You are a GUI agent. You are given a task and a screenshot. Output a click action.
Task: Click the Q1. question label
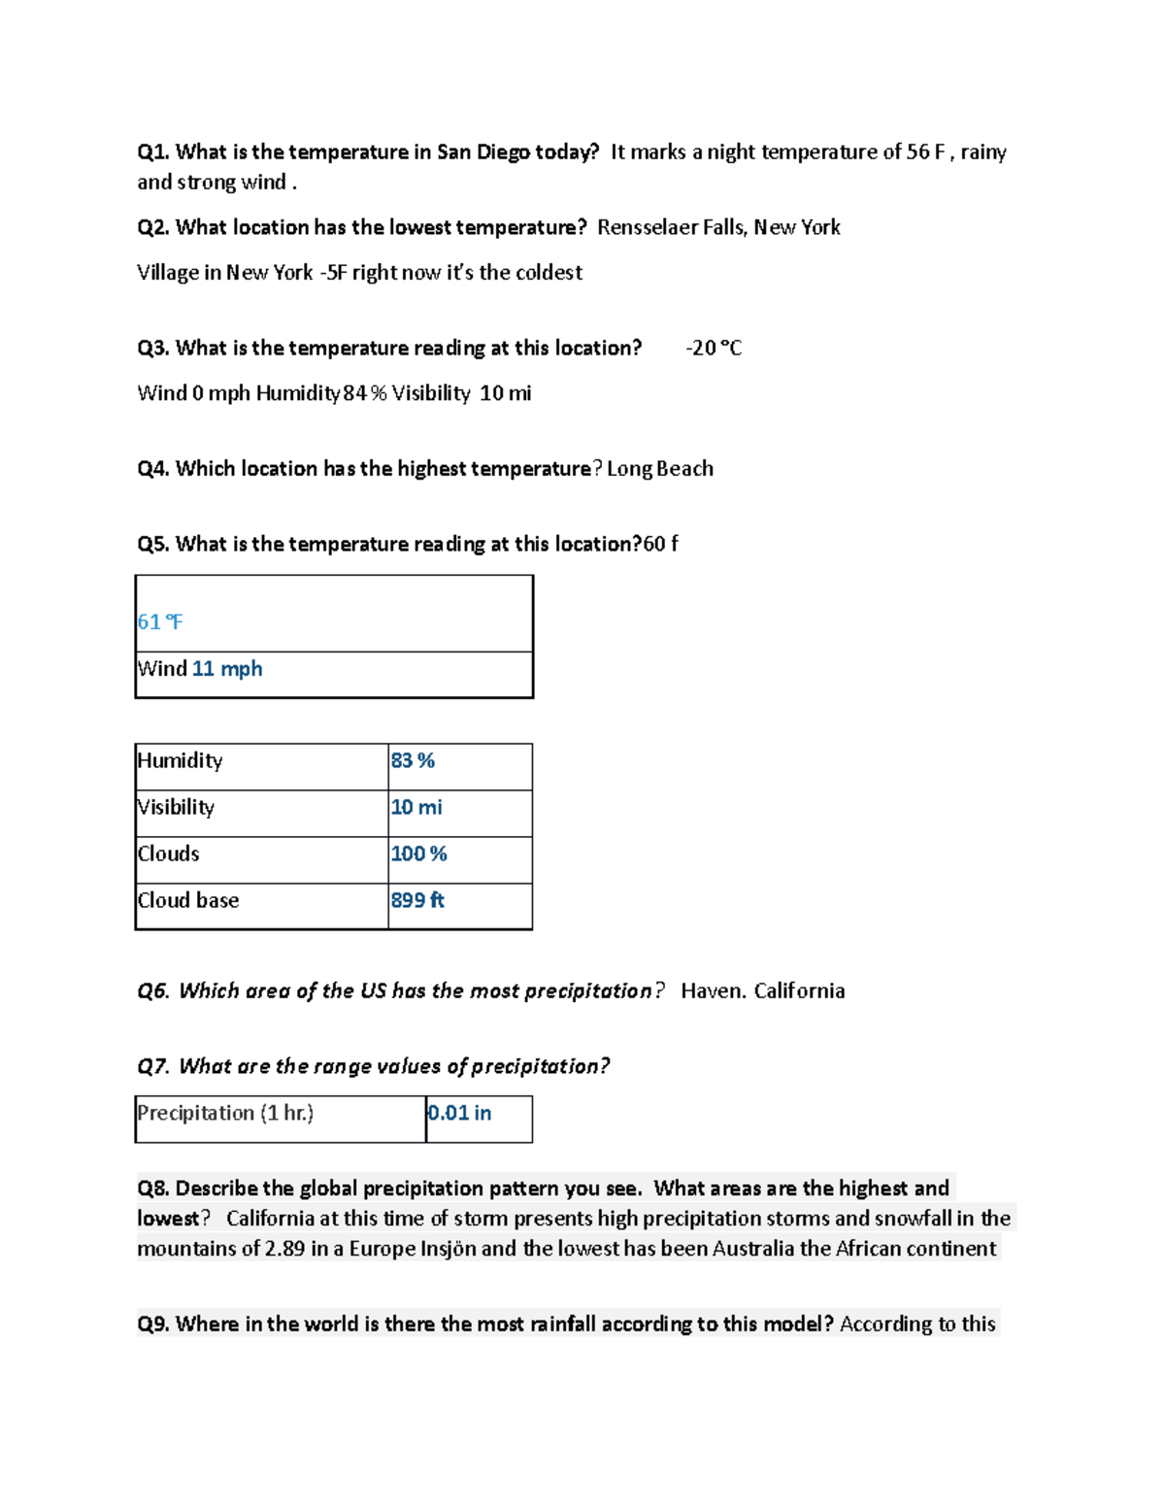153,152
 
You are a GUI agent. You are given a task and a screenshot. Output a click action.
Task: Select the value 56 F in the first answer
925,152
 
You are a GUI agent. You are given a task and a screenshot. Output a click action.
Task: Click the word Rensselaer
641,228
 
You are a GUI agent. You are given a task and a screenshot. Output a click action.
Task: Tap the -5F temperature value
332,273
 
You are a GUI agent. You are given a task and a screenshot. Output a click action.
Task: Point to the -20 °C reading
714,349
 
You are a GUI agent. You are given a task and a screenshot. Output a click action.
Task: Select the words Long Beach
660,469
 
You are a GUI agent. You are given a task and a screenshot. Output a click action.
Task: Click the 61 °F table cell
160,622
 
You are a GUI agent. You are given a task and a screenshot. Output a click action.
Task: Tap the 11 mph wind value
227,669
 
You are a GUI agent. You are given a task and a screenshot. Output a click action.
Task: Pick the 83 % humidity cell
413,761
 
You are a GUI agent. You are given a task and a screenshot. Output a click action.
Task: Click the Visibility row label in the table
176,808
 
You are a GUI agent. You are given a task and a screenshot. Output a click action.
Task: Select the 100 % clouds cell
418,855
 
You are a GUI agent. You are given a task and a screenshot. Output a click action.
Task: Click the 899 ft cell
417,901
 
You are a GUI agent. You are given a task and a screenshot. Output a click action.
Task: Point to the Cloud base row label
188,901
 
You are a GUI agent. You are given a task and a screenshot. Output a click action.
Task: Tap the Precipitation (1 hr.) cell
225,1114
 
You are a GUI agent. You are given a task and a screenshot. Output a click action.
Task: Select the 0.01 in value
459,1114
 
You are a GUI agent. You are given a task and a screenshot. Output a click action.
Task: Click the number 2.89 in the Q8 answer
285,1249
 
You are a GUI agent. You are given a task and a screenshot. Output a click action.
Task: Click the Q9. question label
153,1324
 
